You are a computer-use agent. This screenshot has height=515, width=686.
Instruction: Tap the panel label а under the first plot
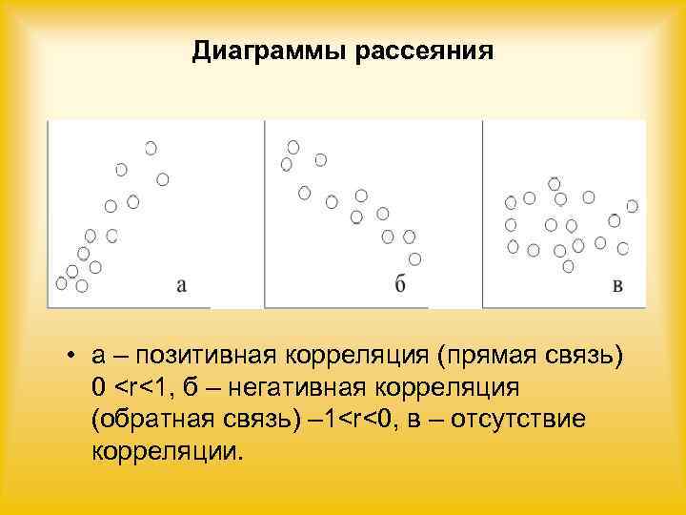(181, 284)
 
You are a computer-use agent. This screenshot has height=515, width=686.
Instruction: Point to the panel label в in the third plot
(617, 284)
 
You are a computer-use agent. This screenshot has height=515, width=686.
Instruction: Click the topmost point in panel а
(151, 148)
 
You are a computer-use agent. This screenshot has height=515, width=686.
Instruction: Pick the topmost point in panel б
(293, 147)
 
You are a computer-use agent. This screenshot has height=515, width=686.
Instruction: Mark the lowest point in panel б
(414, 258)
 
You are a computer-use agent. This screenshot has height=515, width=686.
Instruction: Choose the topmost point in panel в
(555, 182)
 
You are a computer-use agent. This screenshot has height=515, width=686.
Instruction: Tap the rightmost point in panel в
(633, 206)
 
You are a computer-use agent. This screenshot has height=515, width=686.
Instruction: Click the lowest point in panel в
(568, 266)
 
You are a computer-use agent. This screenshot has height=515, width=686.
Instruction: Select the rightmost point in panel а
(163, 179)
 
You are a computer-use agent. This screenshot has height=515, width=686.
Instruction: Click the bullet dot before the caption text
(71, 358)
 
